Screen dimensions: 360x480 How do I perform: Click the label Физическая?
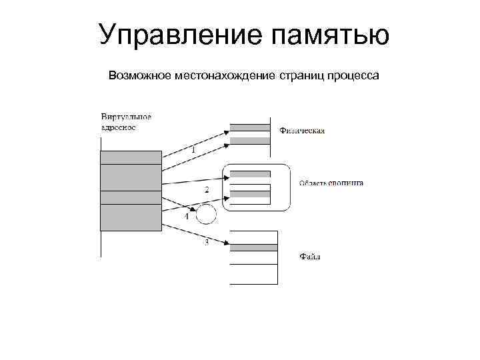click(x=303, y=131)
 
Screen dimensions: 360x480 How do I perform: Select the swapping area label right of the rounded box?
click(x=331, y=183)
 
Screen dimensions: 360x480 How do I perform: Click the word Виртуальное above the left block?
click(x=127, y=117)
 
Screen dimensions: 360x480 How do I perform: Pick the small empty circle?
click(x=207, y=215)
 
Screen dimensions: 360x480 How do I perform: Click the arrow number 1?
click(x=193, y=151)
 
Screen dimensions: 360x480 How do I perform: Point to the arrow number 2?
click(x=207, y=190)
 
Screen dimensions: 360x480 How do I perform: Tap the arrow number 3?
click(x=207, y=243)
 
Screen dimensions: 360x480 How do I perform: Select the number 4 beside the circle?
click(x=187, y=217)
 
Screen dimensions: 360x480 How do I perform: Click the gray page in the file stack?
click(x=253, y=247)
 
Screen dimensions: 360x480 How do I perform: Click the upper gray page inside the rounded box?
click(x=250, y=175)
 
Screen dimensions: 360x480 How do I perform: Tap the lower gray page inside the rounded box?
click(x=250, y=194)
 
